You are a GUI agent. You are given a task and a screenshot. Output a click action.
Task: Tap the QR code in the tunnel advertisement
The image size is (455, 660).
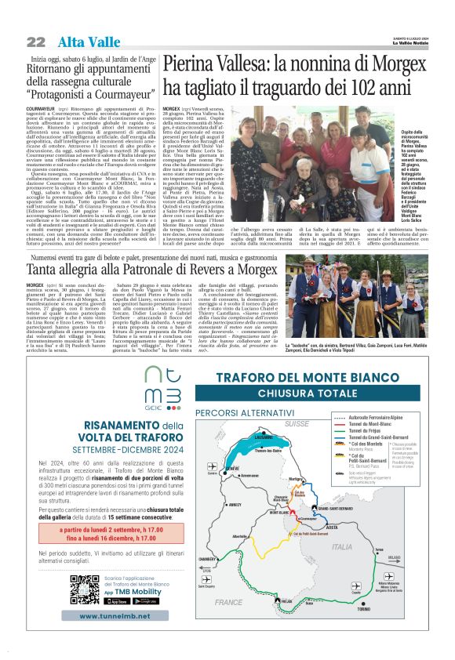[82, 589]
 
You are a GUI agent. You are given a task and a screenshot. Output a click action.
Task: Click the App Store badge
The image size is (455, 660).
[116, 601]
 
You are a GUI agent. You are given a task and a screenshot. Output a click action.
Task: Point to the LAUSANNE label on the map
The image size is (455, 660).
[264, 437]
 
